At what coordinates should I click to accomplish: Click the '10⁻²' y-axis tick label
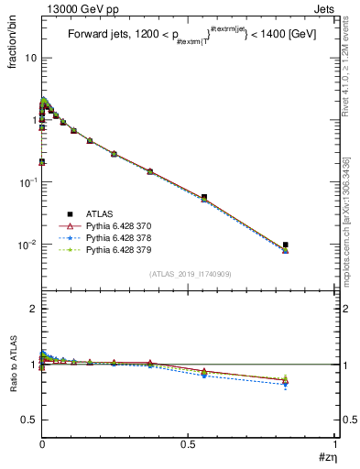pos(27,245)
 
